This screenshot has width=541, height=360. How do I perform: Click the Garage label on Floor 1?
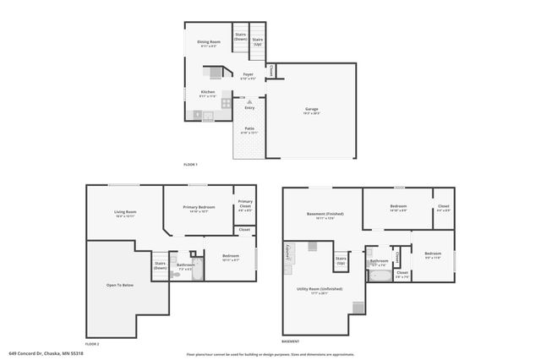312,109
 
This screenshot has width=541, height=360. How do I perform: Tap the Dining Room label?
210,42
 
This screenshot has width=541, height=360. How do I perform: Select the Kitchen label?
207,92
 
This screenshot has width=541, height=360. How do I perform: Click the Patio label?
249,129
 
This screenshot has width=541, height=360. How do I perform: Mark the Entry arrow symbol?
249,102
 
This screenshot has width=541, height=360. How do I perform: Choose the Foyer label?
249,75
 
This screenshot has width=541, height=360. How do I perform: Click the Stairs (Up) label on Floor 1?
258,41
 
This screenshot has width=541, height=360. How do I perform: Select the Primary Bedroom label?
199,208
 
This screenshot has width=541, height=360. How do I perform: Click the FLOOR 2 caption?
92,345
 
